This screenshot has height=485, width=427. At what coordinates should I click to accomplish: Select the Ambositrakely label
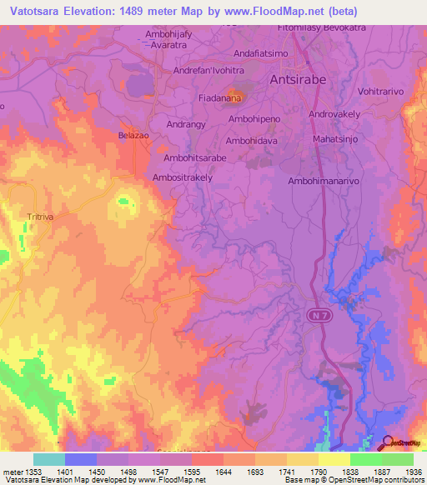coord(183,177)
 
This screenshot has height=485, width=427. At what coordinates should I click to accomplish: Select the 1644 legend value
coord(222,471)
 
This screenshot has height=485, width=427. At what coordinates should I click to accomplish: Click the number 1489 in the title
coord(174,12)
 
